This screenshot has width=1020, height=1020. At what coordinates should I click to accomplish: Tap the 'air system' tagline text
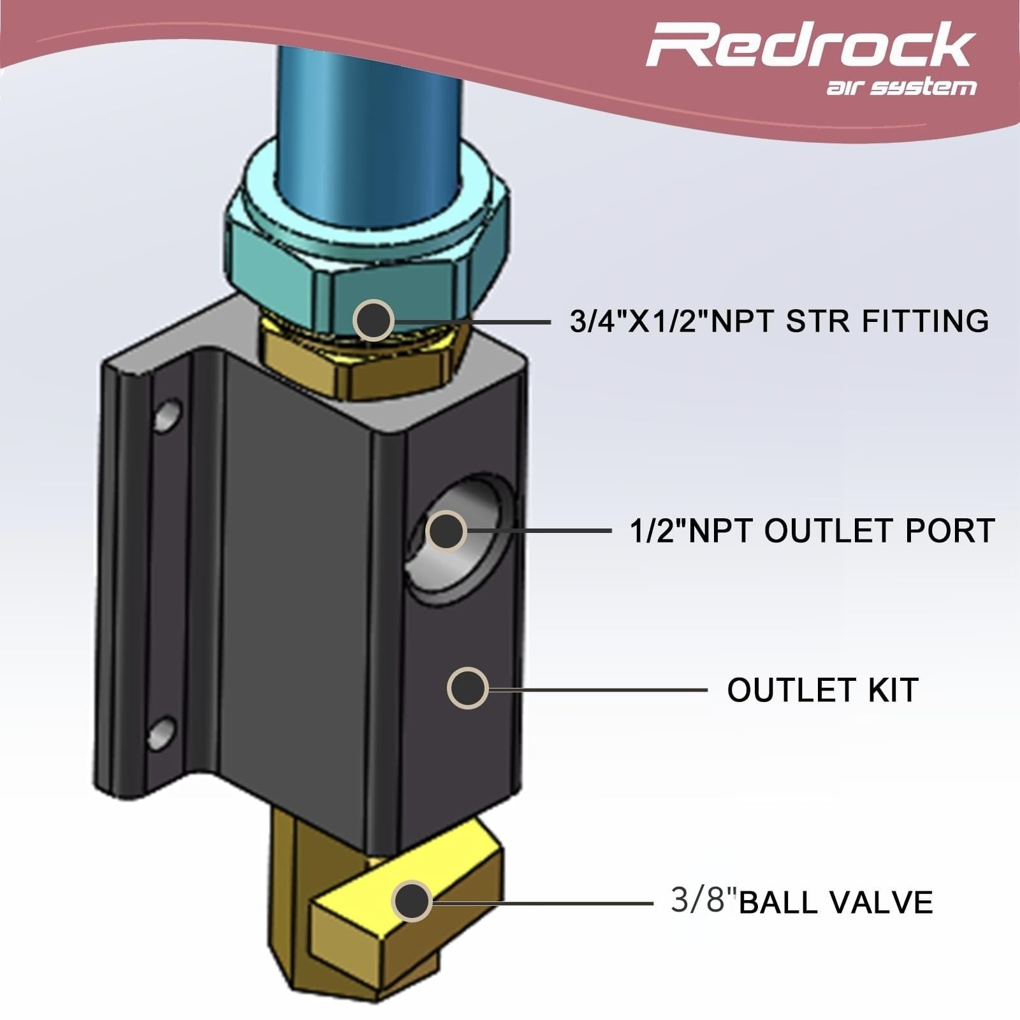pyautogui.click(x=901, y=87)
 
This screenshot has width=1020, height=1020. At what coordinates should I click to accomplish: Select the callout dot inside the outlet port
pyautogui.click(x=446, y=531)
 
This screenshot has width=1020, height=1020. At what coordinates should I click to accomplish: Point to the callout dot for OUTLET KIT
pyautogui.click(x=468, y=688)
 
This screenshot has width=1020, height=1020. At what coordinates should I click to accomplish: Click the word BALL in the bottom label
pyautogui.click(x=774, y=903)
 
